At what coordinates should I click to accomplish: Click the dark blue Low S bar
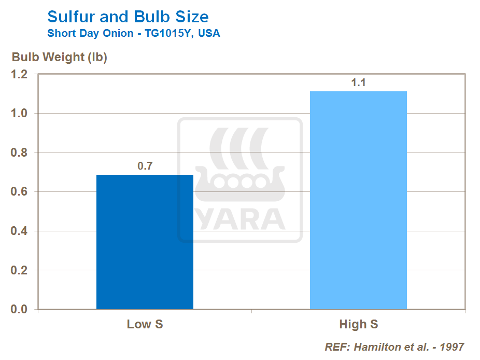[145, 242]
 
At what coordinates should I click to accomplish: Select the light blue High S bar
[358, 200]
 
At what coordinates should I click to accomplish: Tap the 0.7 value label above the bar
[145, 167]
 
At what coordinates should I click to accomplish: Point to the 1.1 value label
[359, 83]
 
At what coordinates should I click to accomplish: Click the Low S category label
[145, 325]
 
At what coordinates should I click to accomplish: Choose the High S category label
[359, 325]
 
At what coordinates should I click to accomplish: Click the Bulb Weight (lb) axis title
[60, 57]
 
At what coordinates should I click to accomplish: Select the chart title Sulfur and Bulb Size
[128, 17]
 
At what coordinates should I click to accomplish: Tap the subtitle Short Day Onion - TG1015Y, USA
[133, 34]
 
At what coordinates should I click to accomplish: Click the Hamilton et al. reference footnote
[394, 347]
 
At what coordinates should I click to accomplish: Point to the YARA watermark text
[240, 219]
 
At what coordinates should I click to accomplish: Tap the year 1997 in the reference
[451, 347]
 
